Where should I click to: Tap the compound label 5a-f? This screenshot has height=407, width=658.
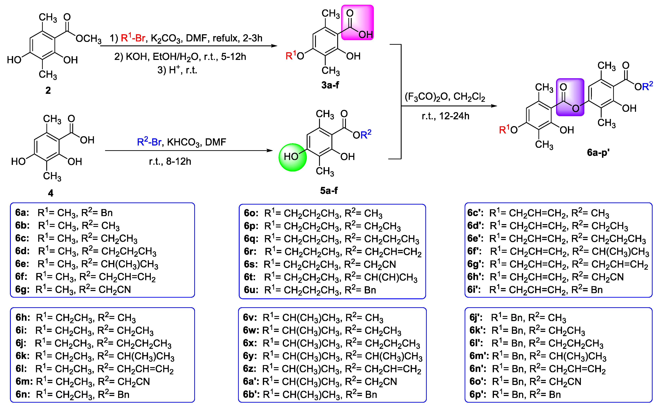pos(329,191)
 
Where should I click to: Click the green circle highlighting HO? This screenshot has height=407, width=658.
pos(293,157)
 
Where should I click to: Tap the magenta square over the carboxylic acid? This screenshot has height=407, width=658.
pos(357,23)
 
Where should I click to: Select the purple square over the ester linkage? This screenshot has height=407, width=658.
pos(570,97)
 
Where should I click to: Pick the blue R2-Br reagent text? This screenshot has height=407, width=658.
pos(149,142)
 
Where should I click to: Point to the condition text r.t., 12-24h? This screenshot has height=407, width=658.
pos(445,116)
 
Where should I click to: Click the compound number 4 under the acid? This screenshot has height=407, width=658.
pos(51,193)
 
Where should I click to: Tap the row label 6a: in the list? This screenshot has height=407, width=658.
pos(22,213)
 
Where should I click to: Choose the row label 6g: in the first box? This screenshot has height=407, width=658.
pos(22,290)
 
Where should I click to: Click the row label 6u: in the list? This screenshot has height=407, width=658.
pos(251,290)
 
